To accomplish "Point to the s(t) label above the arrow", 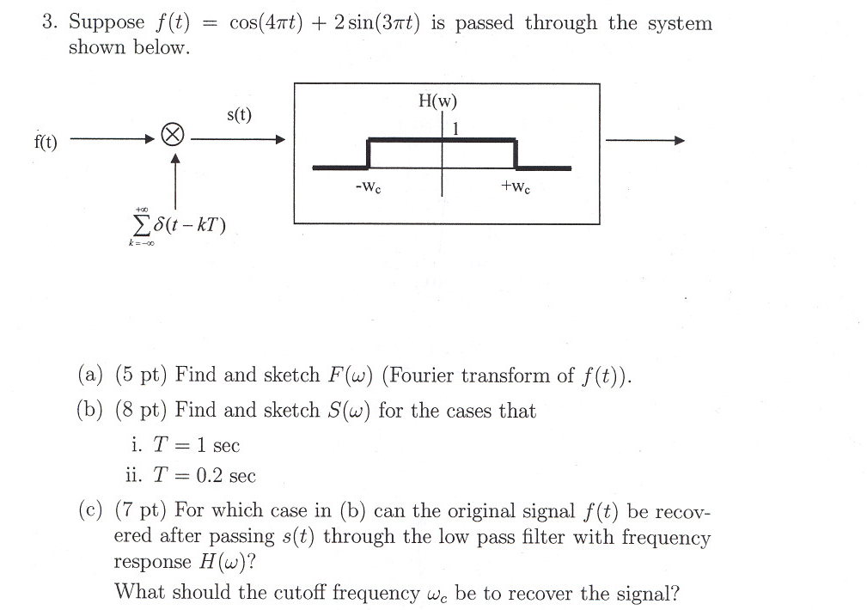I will (239, 114).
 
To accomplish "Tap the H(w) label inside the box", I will (437, 101).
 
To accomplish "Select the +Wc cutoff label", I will (516, 186).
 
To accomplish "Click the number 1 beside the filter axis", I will (456, 128).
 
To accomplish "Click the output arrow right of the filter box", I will (645, 140).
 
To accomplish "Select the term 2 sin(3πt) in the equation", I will (375, 22).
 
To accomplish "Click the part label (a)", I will (90, 375).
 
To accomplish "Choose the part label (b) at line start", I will (90, 412).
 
